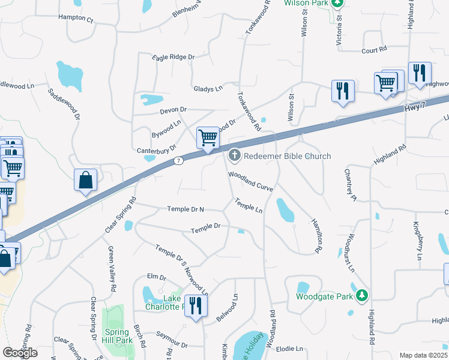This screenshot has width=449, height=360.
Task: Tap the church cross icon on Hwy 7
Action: [x=234, y=157]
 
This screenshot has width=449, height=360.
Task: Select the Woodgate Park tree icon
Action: [x=361, y=295]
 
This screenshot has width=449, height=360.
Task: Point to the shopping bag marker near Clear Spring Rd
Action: [x=85, y=180]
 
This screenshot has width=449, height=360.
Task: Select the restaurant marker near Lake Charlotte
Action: [x=195, y=306]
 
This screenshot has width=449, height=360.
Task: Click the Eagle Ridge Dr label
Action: [x=174, y=57]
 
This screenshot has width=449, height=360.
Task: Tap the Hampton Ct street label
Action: [x=76, y=19]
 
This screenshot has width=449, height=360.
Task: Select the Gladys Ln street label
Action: [x=208, y=88]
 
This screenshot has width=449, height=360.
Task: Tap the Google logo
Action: [x=20, y=353]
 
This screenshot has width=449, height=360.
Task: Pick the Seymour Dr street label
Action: [x=172, y=346]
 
